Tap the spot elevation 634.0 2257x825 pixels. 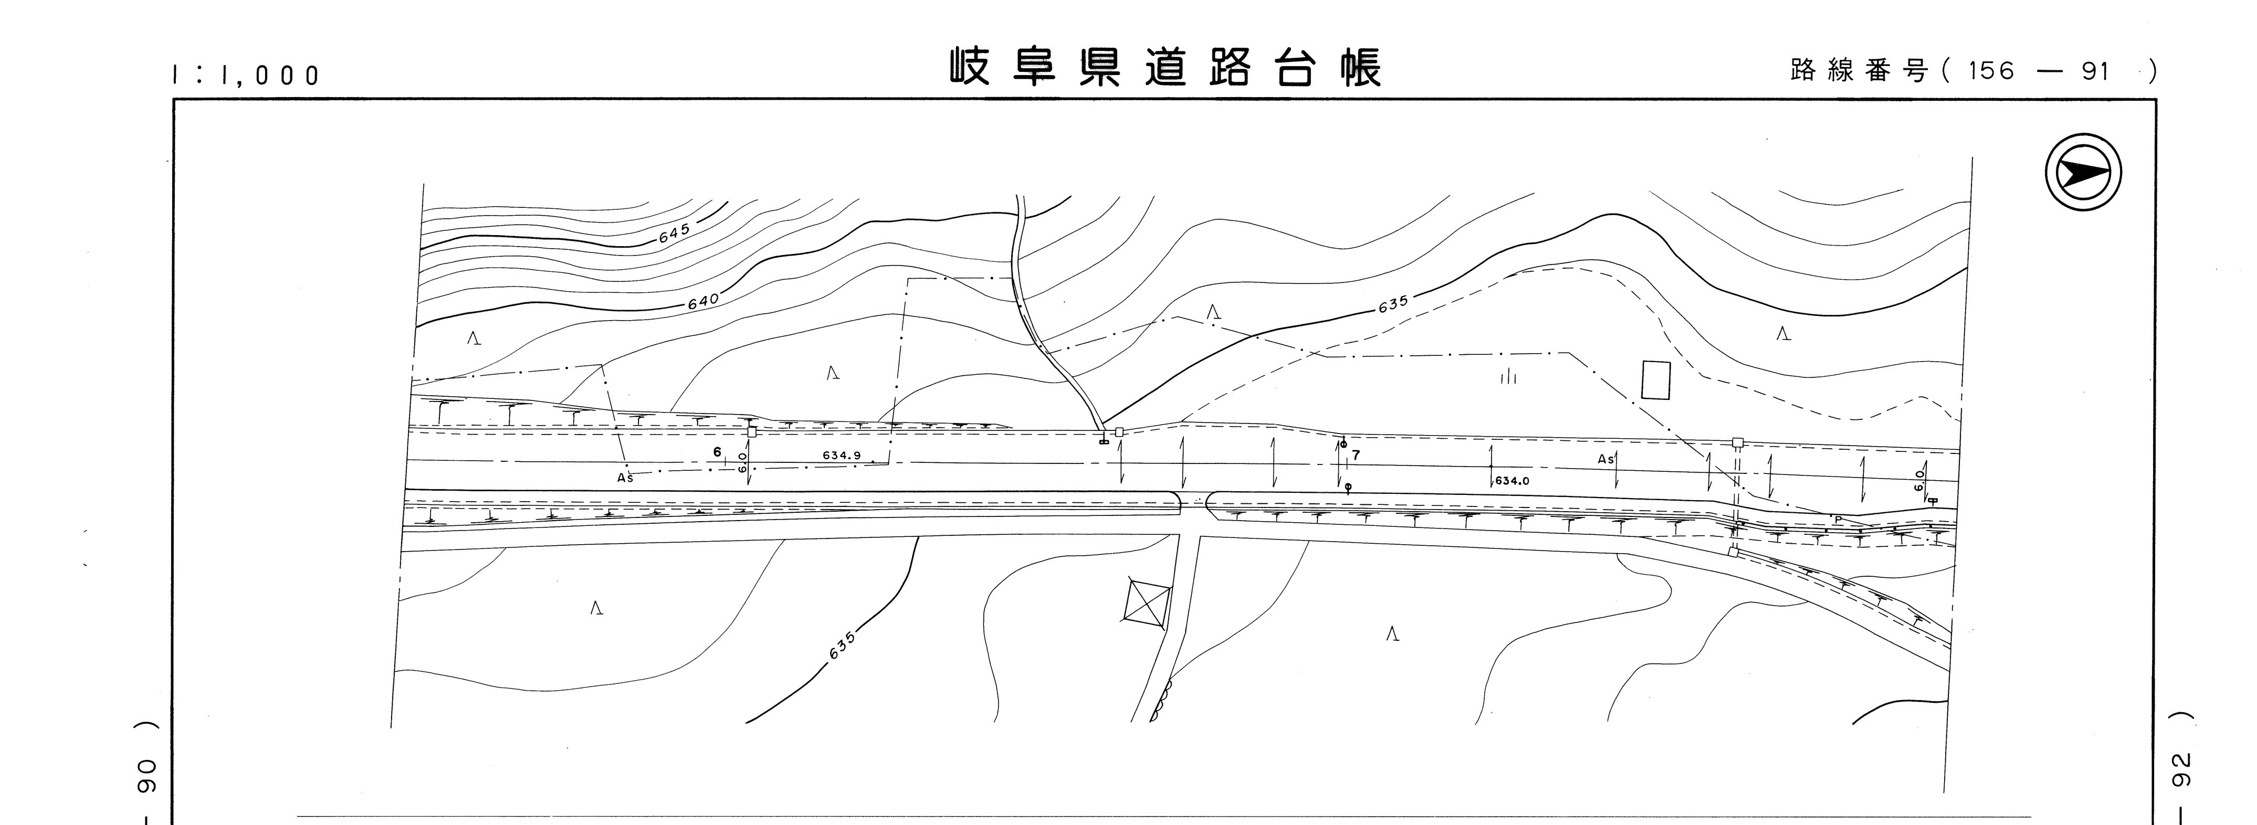point(1511,481)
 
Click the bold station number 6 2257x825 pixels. point(717,452)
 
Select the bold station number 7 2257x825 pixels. point(1356,456)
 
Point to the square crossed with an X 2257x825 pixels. point(1146,601)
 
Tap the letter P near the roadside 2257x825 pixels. point(1838,520)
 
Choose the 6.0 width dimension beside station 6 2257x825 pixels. point(742,462)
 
